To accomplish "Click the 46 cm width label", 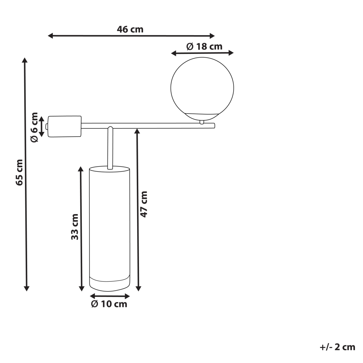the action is coord(130,29).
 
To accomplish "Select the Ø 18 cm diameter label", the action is coord(204,47).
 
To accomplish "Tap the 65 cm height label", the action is coord(19,172).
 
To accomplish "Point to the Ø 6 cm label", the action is coord(34,127).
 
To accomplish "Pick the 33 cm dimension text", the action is coord(75,227).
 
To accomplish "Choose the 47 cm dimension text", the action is coord(144,204).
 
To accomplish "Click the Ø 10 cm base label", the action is coord(109,304).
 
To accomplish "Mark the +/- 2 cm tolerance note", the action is coord(337,347).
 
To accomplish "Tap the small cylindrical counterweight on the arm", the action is coord(65,126).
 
